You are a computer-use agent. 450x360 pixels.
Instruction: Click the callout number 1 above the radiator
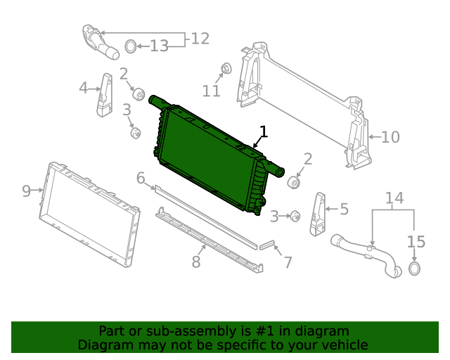(x=264, y=131)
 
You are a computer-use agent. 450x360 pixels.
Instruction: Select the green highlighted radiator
(x=211, y=158)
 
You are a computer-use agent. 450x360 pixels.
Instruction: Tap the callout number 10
(x=390, y=136)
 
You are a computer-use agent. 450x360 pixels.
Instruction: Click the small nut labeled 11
(x=226, y=69)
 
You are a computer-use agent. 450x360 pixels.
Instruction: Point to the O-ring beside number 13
(x=130, y=47)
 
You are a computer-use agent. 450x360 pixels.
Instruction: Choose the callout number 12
(x=200, y=39)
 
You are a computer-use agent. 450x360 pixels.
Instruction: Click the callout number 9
(x=27, y=191)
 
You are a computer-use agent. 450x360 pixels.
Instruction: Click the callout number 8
(x=196, y=262)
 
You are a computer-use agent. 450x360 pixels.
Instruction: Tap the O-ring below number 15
(x=415, y=270)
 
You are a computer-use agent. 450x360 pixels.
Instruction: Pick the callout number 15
(x=416, y=242)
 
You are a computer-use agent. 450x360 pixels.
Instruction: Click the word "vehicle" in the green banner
(x=342, y=345)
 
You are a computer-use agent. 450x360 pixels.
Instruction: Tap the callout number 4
(x=84, y=88)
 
